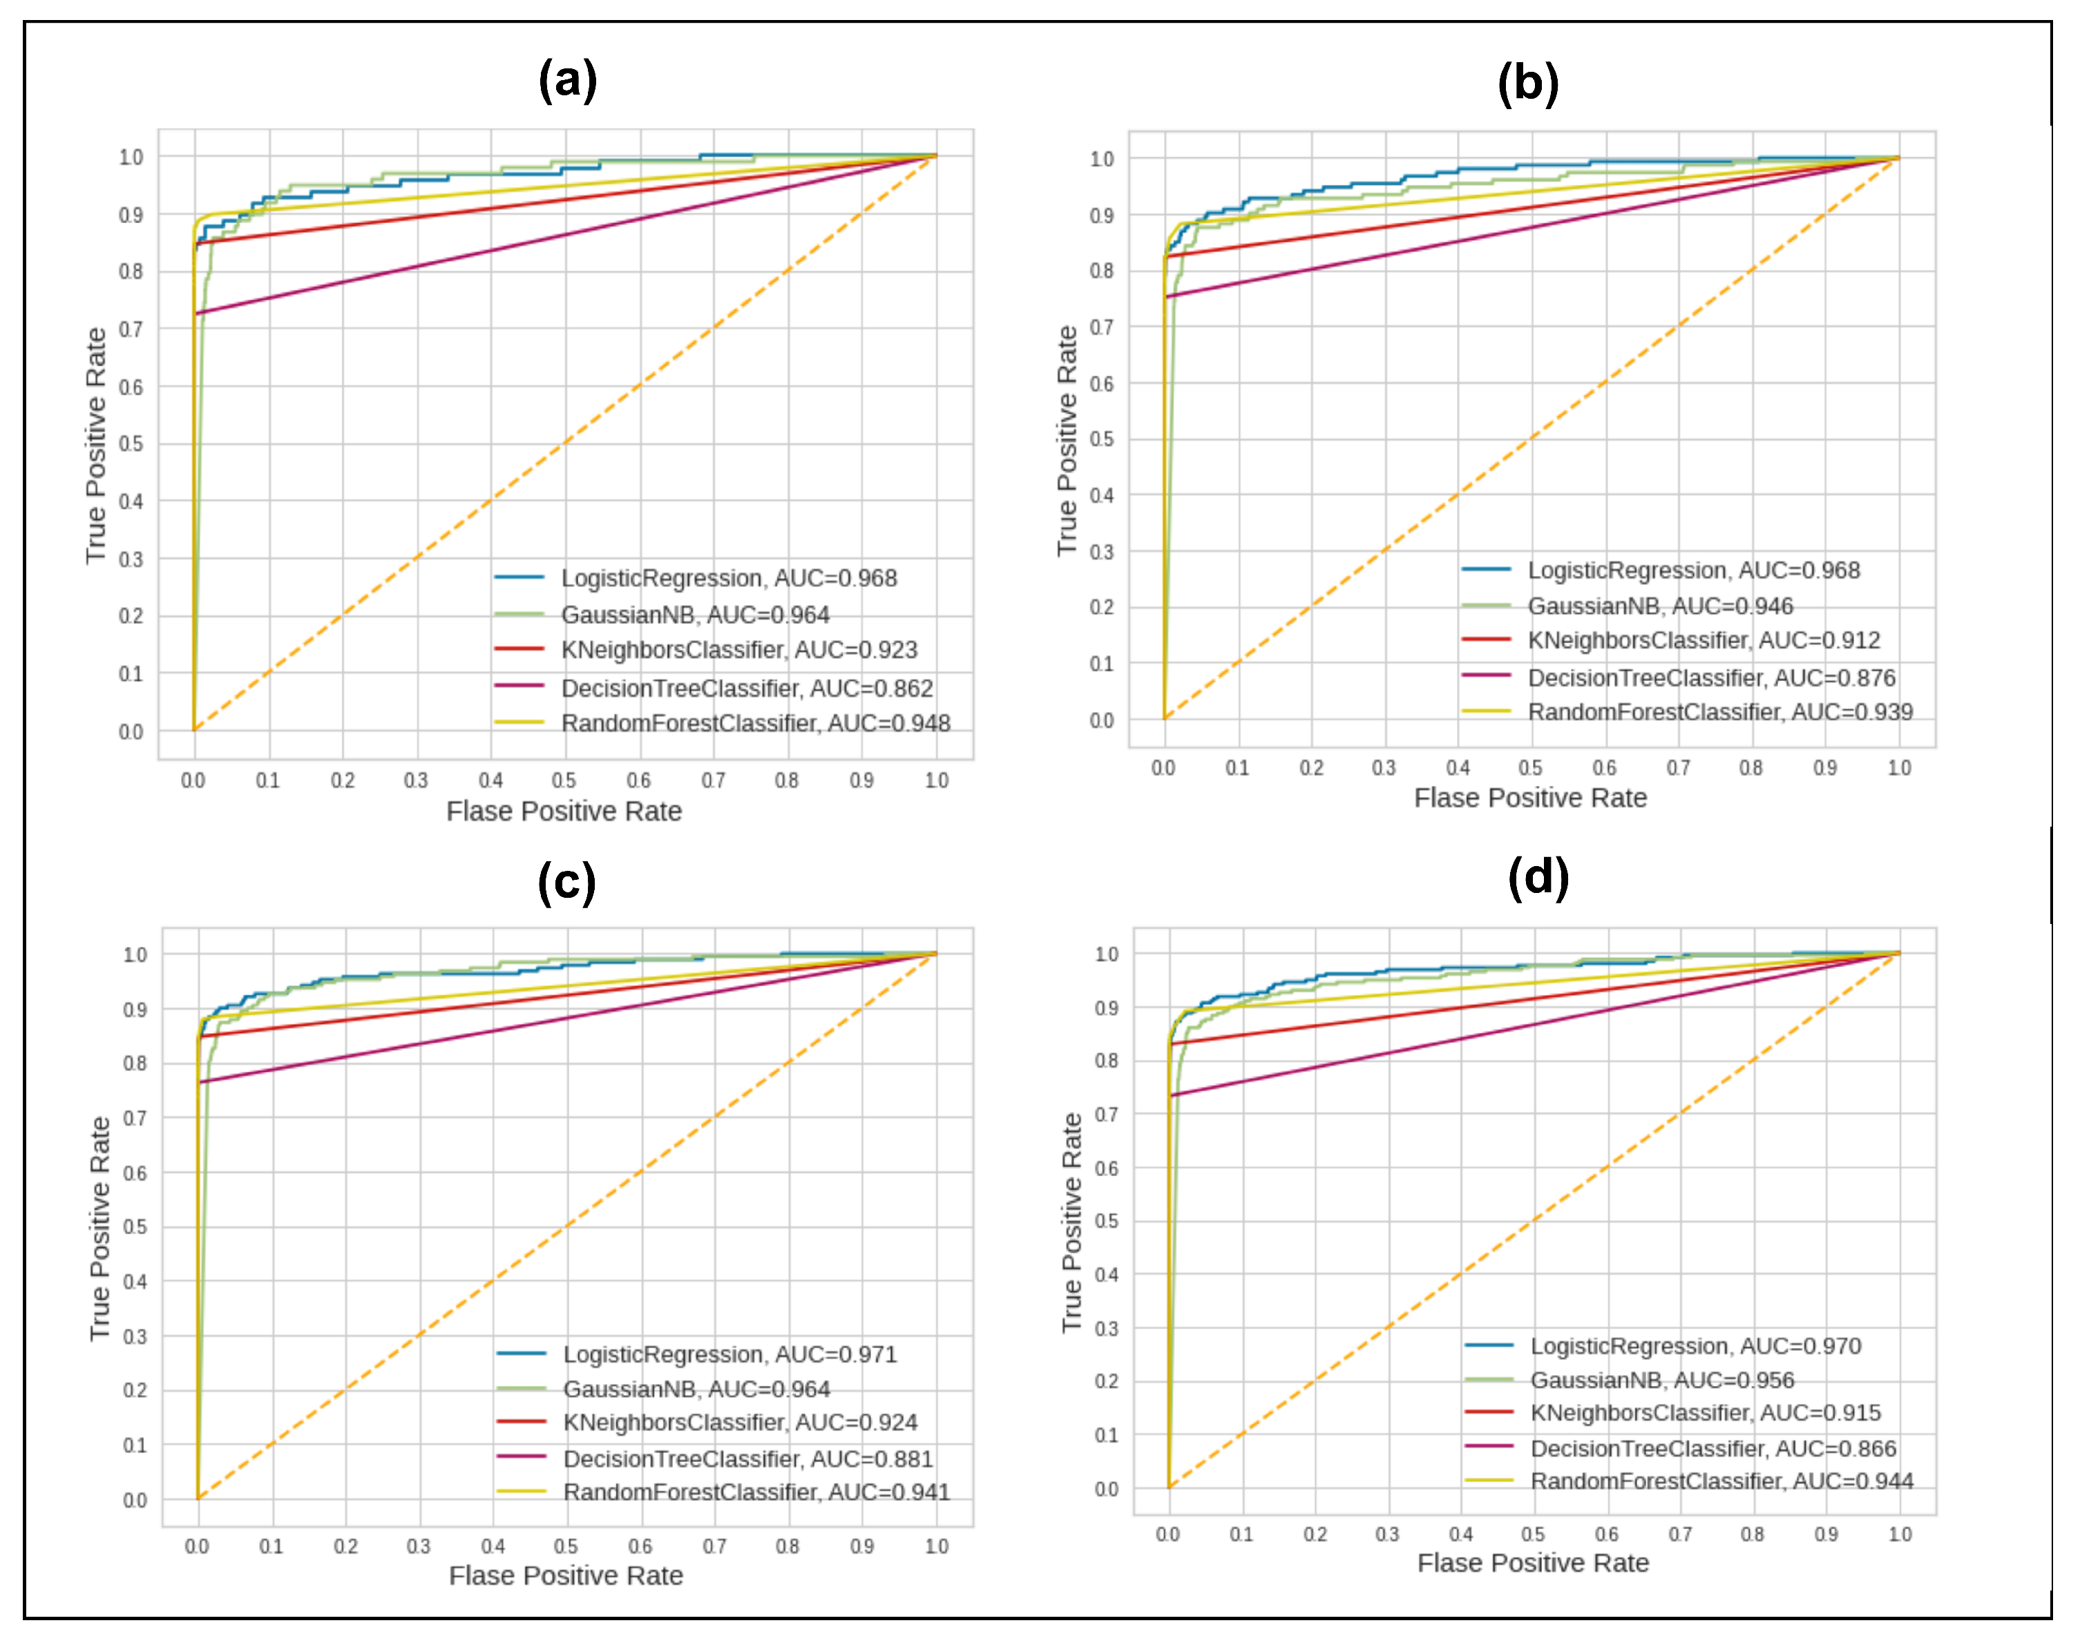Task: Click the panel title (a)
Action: point(568,80)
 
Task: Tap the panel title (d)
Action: point(1538,876)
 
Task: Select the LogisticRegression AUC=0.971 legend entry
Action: point(729,1354)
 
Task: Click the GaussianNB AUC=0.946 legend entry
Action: point(1659,606)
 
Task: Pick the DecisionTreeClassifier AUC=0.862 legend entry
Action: point(747,689)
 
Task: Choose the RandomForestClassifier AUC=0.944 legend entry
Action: point(1721,1481)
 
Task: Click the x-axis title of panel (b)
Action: point(1529,798)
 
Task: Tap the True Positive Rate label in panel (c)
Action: point(100,1229)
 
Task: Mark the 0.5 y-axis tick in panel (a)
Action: point(131,443)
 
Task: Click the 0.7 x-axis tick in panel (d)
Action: point(1680,1535)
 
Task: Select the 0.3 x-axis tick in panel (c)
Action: point(419,1547)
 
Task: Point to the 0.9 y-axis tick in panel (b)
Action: point(1102,215)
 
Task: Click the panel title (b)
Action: point(1528,83)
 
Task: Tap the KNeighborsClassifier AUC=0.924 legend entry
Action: point(740,1423)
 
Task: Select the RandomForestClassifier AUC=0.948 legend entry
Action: point(755,723)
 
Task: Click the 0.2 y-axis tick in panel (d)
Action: point(1107,1381)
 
